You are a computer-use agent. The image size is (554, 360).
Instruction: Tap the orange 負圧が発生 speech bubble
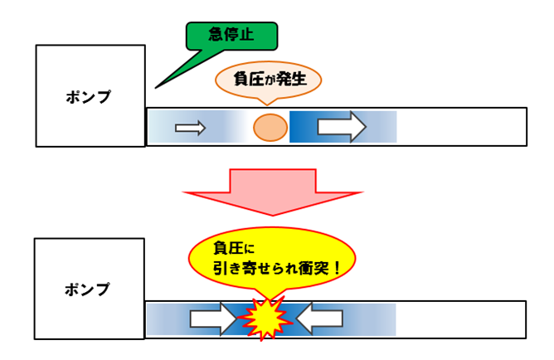click(267, 80)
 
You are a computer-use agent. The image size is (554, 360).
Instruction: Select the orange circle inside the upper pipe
click(270, 127)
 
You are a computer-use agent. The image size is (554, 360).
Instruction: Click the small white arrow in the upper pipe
click(190, 127)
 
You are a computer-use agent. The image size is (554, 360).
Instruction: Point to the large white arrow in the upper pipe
click(341, 127)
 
